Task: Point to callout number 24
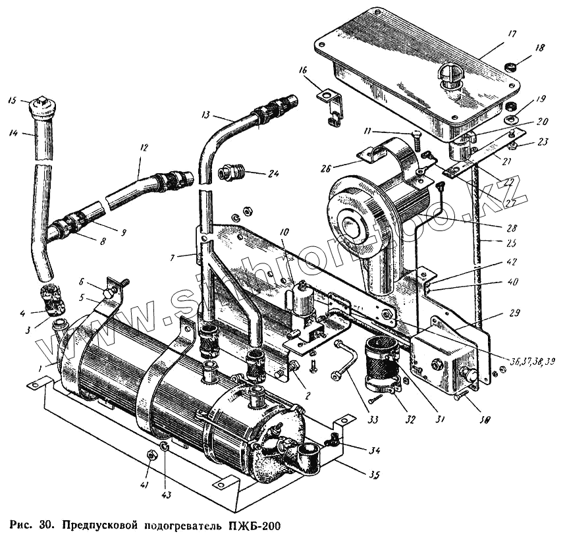[x=273, y=174]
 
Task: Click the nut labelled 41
[x=151, y=454]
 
